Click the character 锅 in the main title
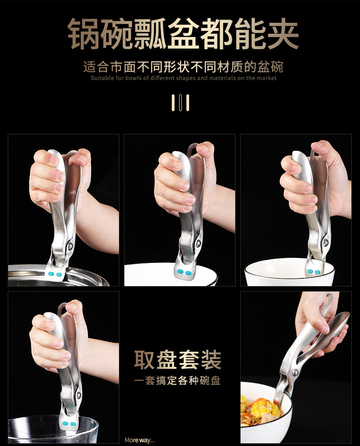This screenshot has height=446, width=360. coord(84,34)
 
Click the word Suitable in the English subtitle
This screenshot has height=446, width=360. coord(101,78)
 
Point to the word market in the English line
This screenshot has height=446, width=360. coord(266,78)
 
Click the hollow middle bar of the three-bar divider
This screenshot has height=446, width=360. coord(180,103)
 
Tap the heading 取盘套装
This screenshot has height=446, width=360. coord(178,360)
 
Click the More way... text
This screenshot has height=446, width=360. coord(139,440)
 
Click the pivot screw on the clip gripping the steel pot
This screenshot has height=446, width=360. coord(70,246)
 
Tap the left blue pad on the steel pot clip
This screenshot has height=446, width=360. coord(51,274)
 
